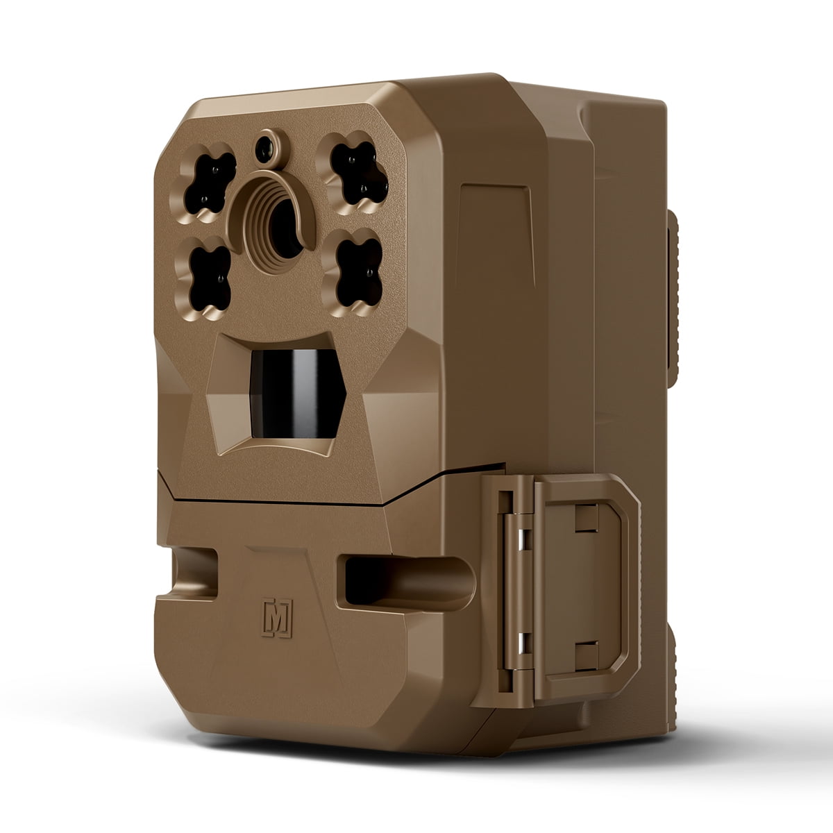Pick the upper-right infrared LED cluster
[358, 173]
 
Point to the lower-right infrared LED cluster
[359, 272]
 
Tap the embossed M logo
[277, 618]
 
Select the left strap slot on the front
[195, 573]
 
